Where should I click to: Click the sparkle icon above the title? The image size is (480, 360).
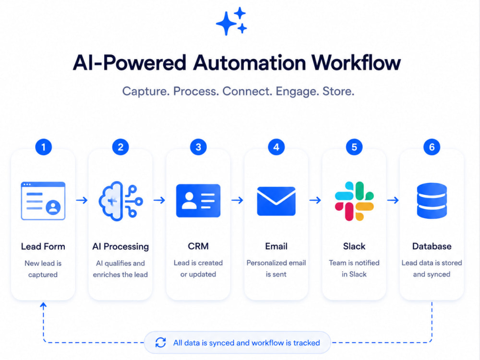(x=231, y=21)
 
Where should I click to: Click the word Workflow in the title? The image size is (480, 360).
(x=356, y=63)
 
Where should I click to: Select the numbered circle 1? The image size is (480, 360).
(x=44, y=147)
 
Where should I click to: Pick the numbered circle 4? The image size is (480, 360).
(x=276, y=147)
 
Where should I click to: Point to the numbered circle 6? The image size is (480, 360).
(x=432, y=147)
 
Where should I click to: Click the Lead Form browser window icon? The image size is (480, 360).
(x=43, y=201)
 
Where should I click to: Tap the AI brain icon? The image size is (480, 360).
(x=120, y=201)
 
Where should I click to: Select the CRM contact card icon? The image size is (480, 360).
(x=198, y=201)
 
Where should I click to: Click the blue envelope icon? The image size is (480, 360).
(x=276, y=201)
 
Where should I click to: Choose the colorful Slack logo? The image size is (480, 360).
(x=354, y=201)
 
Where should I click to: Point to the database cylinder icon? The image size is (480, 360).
(x=432, y=201)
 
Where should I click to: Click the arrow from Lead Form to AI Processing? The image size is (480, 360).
(x=82, y=200)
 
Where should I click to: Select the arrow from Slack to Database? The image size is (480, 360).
(x=393, y=200)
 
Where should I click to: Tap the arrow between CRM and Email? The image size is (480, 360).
(x=237, y=200)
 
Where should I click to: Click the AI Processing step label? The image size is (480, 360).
(x=120, y=246)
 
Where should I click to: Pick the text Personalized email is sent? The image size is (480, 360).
(x=276, y=268)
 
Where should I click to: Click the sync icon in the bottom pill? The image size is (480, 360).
(x=160, y=343)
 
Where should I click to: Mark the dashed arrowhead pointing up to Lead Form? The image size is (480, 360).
(x=44, y=305)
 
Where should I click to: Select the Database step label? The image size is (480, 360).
(x=432, y=246)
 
